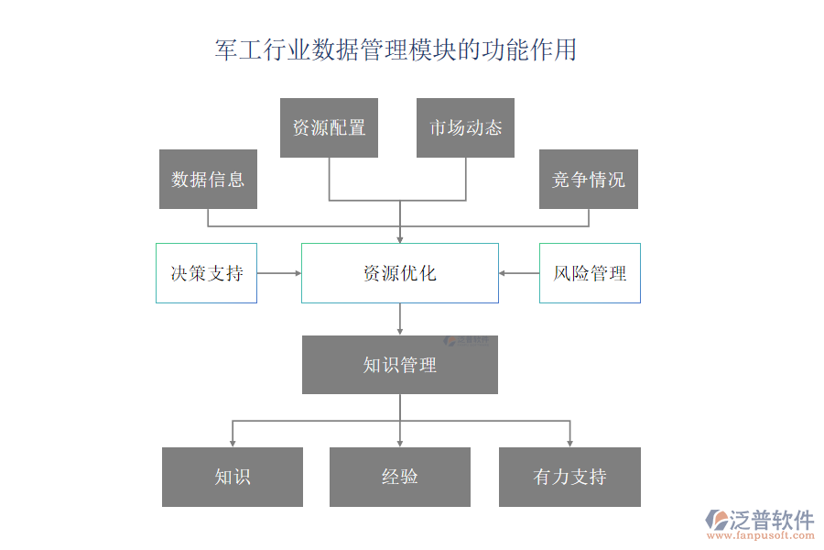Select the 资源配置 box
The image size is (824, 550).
click(329, 127)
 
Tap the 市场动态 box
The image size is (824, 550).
click(465, 127)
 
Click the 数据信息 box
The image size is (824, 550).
click(208, 179)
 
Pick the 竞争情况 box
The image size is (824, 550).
click(588, 179)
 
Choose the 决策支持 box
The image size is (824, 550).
click(206, 273)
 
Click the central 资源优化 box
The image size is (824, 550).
click(400, 273)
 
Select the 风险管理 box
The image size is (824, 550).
click(590, 273)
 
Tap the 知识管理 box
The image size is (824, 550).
click(400, 365)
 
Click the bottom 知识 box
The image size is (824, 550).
click(233, 477)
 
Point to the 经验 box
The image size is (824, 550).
click(400, 477)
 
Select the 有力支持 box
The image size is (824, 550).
click(569, 477)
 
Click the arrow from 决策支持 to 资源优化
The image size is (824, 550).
click(279, 273)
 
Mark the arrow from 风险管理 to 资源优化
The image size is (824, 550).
click(519, 273)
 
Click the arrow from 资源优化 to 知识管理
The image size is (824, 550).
click(400, 319)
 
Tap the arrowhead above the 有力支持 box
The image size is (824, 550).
click(569, 443)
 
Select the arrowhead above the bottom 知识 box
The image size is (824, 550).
click(233, 443)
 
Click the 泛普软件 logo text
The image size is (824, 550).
click(771, 520)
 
